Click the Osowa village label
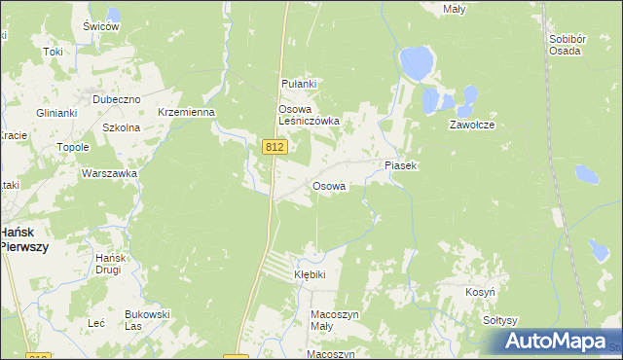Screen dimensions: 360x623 click(x=329, y=186)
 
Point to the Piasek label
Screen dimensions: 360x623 click(x=400, y=166)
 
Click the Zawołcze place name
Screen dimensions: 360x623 click(x=473, y=126)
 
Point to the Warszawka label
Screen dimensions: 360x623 click(x=109, y=173)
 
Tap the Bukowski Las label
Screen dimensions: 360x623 click(x=147, y=319)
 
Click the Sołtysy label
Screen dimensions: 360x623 click(x=499, y=320)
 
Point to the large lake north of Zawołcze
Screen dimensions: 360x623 click(x=416, y=63)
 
